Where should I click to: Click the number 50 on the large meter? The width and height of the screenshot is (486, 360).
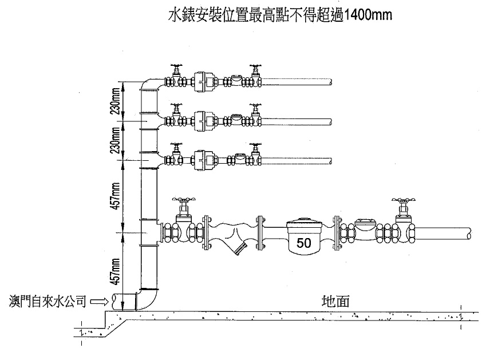304,243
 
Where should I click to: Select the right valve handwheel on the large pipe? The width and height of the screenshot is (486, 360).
402,201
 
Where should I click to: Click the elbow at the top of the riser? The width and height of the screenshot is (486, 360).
149,86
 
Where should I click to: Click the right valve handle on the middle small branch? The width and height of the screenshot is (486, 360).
255,107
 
